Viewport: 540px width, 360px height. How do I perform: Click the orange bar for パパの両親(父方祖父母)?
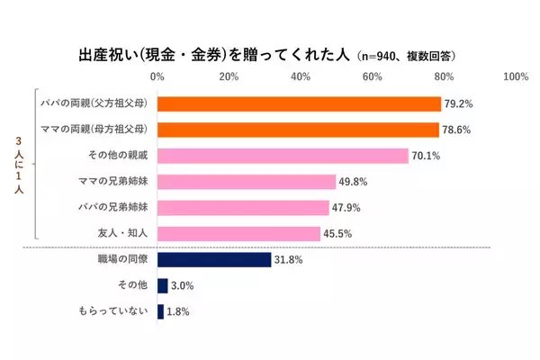pos(299,104)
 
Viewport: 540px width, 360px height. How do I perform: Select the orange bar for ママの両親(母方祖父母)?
pos(298,130)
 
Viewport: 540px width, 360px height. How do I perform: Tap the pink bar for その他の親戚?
pos(283,156)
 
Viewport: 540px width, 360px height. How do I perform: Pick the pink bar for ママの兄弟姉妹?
pos(247,182)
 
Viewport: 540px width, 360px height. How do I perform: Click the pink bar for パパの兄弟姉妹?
pos(243,208)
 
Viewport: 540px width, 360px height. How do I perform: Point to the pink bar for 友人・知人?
pos(238,234)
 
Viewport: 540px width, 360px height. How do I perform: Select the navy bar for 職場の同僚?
pos(214,260)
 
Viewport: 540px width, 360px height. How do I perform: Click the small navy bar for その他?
pos(162,286)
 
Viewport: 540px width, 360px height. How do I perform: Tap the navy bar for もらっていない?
pos(160,312)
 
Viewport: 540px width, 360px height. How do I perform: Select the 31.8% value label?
pos(289,260)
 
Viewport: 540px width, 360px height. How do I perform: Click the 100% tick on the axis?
pos(515,76)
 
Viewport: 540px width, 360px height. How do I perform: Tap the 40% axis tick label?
pos(301,76)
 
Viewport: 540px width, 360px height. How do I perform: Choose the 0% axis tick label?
pos(157,76)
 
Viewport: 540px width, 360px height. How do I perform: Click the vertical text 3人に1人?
pos(20,168)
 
